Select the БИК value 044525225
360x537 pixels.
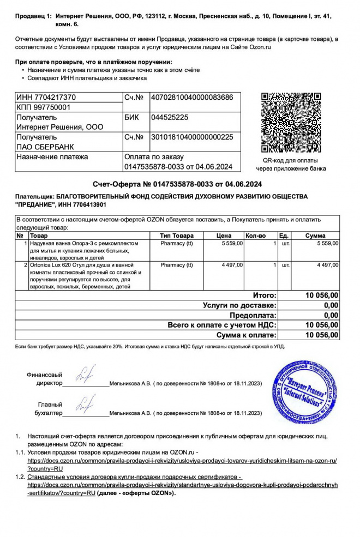[x=170, y=117]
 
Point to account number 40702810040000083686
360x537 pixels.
[x=191, y=98]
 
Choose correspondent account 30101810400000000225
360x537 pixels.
[x=191, y=137]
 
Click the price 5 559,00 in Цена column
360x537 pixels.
[x=232, y=243]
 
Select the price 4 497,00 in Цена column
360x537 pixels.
[x=232, y=265]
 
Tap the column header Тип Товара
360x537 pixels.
[x=176, y=235]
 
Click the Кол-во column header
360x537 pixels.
[x=255, y=235]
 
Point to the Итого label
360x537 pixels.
[x=265, y=295]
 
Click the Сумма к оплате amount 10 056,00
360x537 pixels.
[x=322, y=335]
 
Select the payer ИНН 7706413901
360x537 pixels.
[x=75, y=204]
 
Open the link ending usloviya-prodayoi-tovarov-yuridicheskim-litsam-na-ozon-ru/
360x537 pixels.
[x=182, y=461]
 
